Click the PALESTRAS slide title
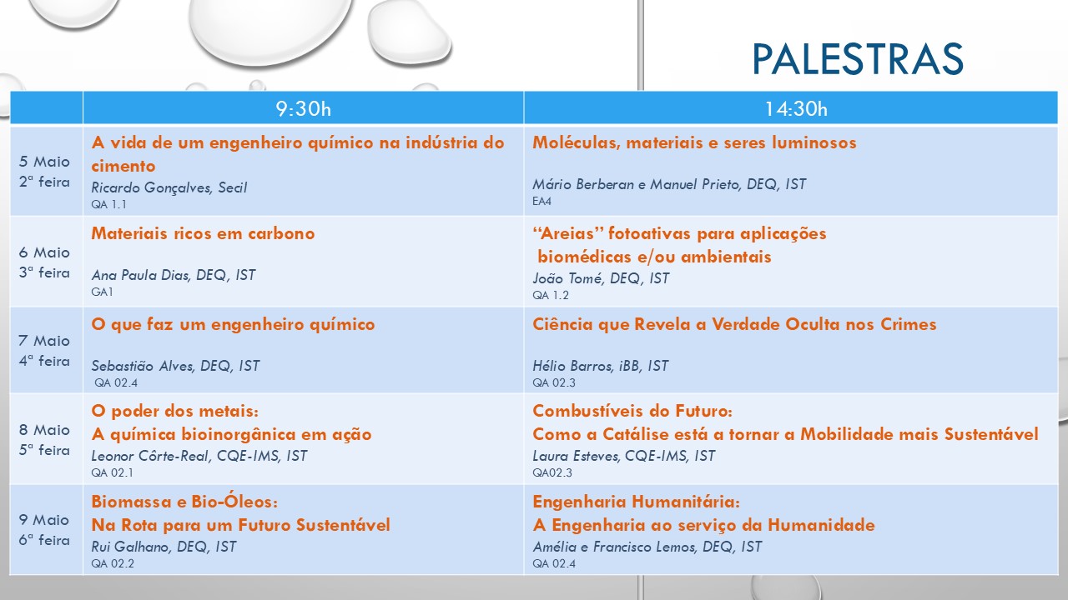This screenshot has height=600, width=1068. click(x=858, y=58)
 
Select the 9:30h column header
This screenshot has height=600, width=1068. click(x=303, y=109)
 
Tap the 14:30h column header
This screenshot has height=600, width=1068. click(x=796, y=109)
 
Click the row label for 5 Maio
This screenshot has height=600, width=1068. click(x=44, y=172)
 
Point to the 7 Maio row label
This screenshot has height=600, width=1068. click(x=44, y=351)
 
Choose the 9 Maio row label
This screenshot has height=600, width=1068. click(x=44, y=530)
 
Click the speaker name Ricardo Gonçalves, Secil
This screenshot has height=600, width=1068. click(x=169, y=187)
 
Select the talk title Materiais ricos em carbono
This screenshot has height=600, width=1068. click(x=203, y=233)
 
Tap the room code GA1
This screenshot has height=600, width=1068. click(x=102, y=292)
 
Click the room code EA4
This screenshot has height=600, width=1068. click(x=542, y=202)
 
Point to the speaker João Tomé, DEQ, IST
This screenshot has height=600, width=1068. click(x=601, y=278)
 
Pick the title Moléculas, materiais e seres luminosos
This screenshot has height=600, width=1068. click(x=694, y=142)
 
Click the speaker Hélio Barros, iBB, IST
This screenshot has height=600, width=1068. click(x=600, y=366)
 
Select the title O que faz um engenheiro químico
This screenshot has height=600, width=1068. click(x=233, y=325)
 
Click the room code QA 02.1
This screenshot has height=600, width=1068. click(x=112, y=472)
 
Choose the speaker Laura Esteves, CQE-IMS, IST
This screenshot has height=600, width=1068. click(x=623, y=456)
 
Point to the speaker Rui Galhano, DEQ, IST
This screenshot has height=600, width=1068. click(x=164, y=547)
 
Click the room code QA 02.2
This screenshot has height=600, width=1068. click(x=113, y=564)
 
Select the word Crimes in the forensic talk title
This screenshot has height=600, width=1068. click(x=909, y=324)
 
